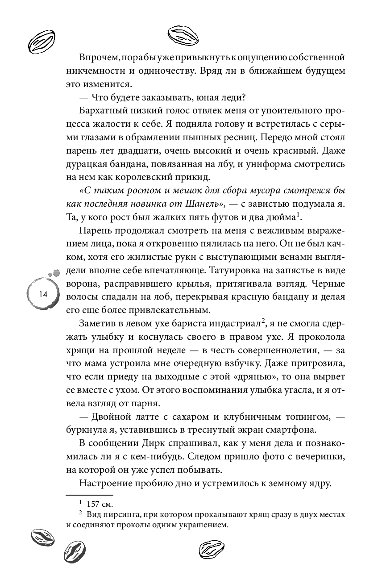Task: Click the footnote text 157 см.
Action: [x=99, y=504]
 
